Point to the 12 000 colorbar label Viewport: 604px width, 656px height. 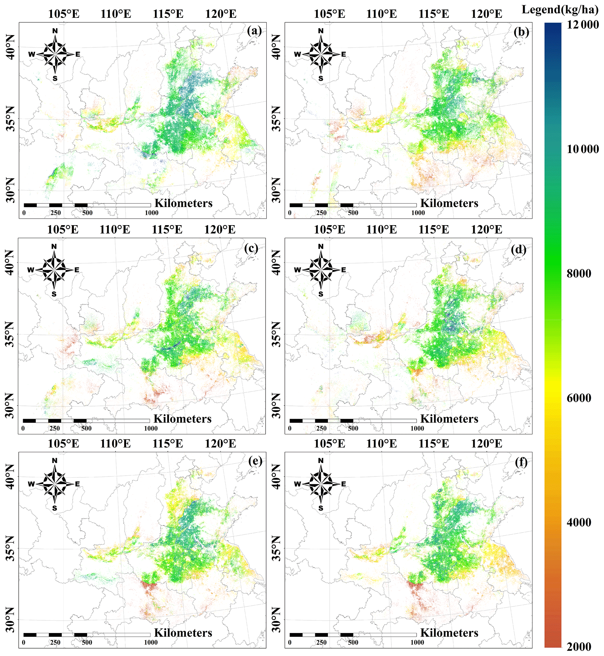(x=583, y=25)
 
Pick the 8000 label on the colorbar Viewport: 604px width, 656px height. (x=579, y=273)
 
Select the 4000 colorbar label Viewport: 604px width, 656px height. (x=579, y=523)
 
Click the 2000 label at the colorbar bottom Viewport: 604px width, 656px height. (x=579, y=647)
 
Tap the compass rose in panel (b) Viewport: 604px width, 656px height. (x=321, y=54)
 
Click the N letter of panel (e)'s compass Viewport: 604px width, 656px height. (x=55, y=461)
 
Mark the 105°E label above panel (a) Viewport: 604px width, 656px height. (x=64, y=14)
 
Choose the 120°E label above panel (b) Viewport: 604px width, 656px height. (x=486, y=14)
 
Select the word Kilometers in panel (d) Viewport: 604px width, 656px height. (x=449, y=419)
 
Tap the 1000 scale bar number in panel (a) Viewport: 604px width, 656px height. (x=151, y=213)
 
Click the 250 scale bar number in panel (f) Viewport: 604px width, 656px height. (x=321, y=643)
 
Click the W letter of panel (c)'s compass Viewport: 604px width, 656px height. (x=30, y=270)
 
